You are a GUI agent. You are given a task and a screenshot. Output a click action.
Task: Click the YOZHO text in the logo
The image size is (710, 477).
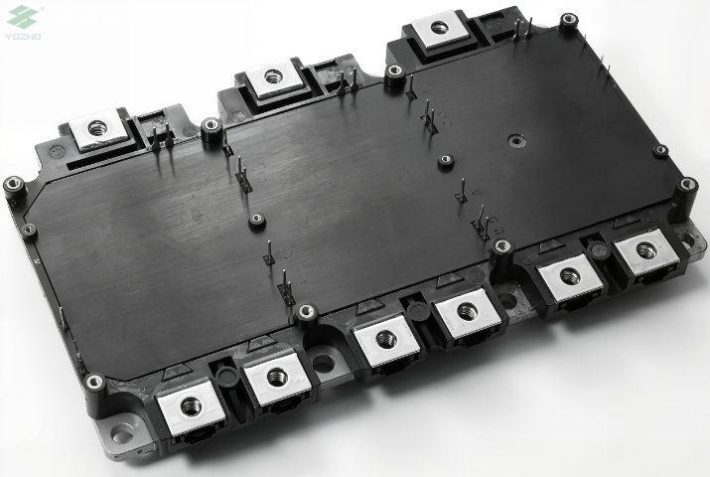(23, 36)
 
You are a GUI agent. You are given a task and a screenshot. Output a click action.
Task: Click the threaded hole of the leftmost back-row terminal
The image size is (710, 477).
(96, 128)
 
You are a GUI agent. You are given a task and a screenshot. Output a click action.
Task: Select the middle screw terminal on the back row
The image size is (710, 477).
(272, 77)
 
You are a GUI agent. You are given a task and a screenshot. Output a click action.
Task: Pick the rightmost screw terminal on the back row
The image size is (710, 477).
(438, 29)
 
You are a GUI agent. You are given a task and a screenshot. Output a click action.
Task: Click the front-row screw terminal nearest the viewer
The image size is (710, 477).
(191, 406)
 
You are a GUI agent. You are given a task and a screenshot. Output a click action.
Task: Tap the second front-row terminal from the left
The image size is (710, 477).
(277, 378)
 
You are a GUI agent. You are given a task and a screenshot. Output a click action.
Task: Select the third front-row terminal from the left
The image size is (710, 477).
(385, 339)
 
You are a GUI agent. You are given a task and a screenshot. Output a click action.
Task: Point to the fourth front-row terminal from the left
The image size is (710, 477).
(467, 311)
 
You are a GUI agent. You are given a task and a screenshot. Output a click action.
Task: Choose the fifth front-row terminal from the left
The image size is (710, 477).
(570, 276)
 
